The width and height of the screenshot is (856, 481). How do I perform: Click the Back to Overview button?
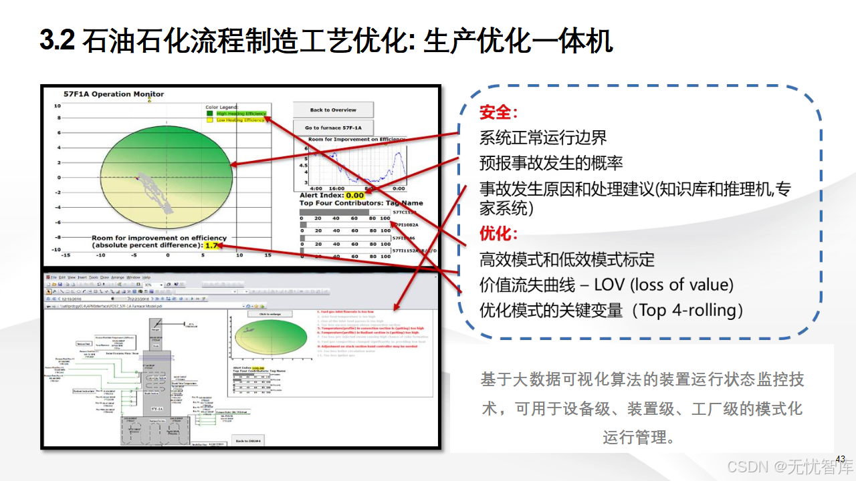[x=333, y=110]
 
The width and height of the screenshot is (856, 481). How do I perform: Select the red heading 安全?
[x=499, y=112]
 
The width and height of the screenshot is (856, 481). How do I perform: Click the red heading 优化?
[x=499, y=234]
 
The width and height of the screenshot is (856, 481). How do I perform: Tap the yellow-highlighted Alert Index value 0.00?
[x=355, y=196]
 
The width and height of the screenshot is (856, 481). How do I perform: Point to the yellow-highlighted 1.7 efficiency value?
[x=211, y=246]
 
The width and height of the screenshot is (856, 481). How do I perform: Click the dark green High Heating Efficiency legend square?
[x=210, y=114]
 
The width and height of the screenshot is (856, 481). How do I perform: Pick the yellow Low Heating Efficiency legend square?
[x=210, y=120]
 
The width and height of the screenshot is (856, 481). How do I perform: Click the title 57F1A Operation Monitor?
[x=114, y=94]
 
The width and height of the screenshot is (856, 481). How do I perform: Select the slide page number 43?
[x=841, y=458]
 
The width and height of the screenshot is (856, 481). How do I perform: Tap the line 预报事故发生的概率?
[x=552, y=162]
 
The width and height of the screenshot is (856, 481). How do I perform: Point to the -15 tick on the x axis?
[x=66, y=255]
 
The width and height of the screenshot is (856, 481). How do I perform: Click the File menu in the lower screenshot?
[x=54, y=277]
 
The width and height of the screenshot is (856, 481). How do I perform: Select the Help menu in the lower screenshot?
[x=146, y=277]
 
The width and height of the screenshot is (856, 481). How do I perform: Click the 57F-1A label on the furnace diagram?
[x=156, y=406]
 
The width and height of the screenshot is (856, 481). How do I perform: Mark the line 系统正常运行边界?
[x=543, y=138]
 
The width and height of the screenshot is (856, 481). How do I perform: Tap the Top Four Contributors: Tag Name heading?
[x=361, y=203]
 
